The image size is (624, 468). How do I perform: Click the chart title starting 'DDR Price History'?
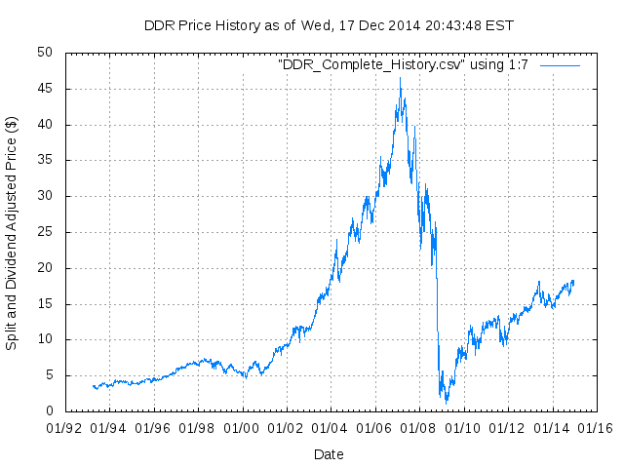coord(329,25)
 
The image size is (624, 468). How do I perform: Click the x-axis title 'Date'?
coord(329,454)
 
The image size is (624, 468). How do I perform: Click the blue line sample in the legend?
coord(560,64)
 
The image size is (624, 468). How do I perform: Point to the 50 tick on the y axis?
coord(46,53)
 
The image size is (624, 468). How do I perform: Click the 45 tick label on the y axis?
coord(46,89)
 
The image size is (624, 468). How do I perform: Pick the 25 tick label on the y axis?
coord(46,232)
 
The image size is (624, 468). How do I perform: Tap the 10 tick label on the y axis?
coord(46,339)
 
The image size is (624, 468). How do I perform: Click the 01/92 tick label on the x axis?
coord(64,428)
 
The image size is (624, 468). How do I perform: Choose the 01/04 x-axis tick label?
coord(331,428)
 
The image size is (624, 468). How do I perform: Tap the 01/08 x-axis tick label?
coord(419,428)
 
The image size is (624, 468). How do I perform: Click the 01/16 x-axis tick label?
coord(597,428)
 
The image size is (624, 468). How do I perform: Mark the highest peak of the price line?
coord(400,78)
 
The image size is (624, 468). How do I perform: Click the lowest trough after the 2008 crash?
coord(447,402)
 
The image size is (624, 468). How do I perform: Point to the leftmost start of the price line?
coord(93,386)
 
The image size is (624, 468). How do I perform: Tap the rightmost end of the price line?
coord(573,282)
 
